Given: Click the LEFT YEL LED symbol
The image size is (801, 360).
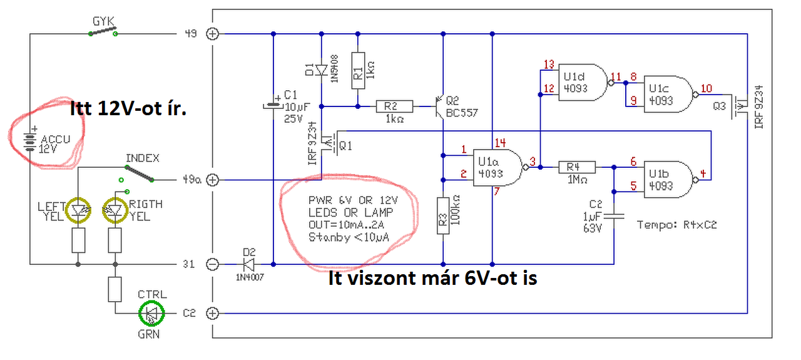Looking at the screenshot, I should [x=79, y=210].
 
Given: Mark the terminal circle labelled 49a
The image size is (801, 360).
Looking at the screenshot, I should [x=213, y=180].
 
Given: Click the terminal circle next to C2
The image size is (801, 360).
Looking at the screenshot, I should [x=213, y=312].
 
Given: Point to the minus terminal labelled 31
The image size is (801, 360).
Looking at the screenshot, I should [x=213, y=264].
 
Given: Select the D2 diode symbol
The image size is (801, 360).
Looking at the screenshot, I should [x=250, y=264].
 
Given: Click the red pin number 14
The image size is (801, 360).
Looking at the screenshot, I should [x=499, y=142].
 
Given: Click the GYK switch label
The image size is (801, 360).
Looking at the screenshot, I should [x=103, y=21].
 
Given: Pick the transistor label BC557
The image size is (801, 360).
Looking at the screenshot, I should [x=462, y=113].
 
